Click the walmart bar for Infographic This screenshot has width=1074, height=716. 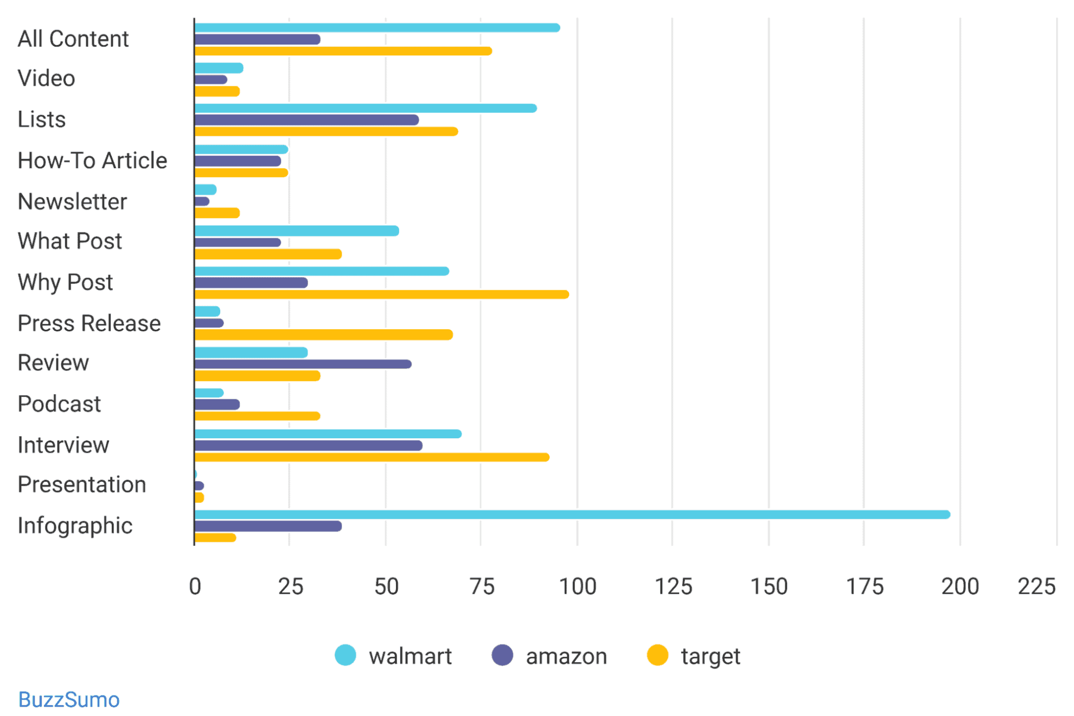pos(572,514)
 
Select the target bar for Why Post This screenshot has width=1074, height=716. pos(381,295)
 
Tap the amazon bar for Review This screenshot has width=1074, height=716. pos(303,364)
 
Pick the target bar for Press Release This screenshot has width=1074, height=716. pos(323,335)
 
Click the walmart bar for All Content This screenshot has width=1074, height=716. pos(377,28)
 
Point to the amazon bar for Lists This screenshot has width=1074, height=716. pos(306,120)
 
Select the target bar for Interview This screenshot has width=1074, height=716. pos(372,457)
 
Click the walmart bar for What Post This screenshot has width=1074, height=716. pos(297,231)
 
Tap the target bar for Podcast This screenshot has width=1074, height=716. pos(257,416)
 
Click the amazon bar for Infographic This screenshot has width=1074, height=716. pos(268,526)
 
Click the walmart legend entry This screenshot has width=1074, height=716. pos(393,656)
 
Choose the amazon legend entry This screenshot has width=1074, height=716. pos(549,656)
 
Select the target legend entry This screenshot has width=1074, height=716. pos(694,656)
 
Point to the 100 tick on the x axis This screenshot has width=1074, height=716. pos(578,586)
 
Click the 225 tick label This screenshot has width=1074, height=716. pos(1036,586)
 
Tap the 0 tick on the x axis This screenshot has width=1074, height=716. pos(195,586)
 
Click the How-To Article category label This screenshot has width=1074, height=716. pos(92,161)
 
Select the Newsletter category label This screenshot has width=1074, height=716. pos(72,202)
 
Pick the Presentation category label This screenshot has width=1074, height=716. pos(82,484)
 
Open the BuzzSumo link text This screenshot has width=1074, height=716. pos(69,700)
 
